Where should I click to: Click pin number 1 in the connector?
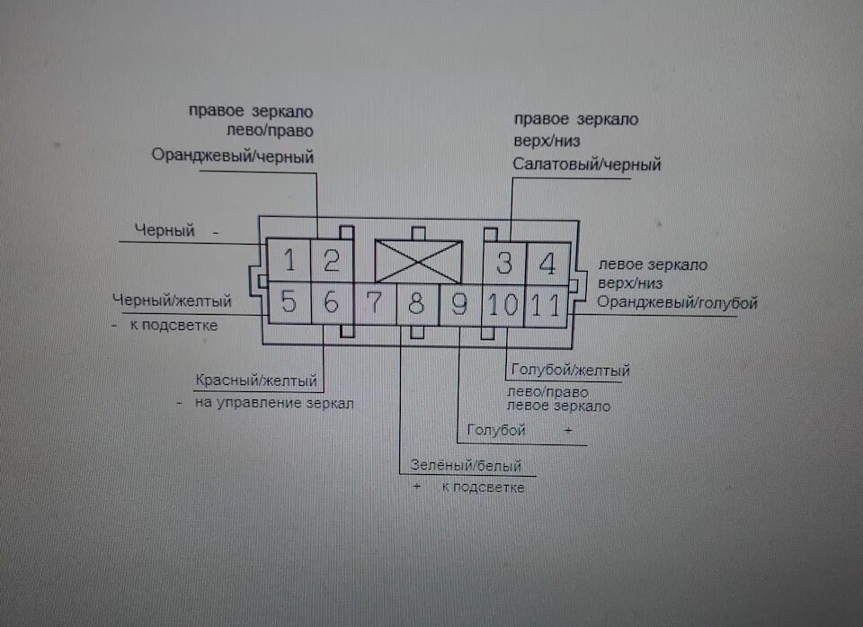pos(289,262)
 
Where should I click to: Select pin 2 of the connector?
pos(331,262)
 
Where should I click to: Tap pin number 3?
pos(504,264)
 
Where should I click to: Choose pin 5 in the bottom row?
pos(289,302)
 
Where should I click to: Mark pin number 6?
pos(331,303)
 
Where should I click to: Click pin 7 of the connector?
pos(375,303)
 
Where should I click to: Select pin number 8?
pos(417,304)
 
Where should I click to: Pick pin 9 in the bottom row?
pos(459,305)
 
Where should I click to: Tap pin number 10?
pos(503,305)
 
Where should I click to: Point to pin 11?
pos(546,305)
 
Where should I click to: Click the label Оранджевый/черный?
pos(232,157)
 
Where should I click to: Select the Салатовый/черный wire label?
pos(587,165)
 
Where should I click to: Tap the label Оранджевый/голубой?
pos(677,302)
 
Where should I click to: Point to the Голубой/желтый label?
pos(570,370)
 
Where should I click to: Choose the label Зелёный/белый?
pos(465,466)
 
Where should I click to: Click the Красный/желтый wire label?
pos(256,380)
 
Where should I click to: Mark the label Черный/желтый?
pos(172,300)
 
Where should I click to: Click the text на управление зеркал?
pos(274,403)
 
